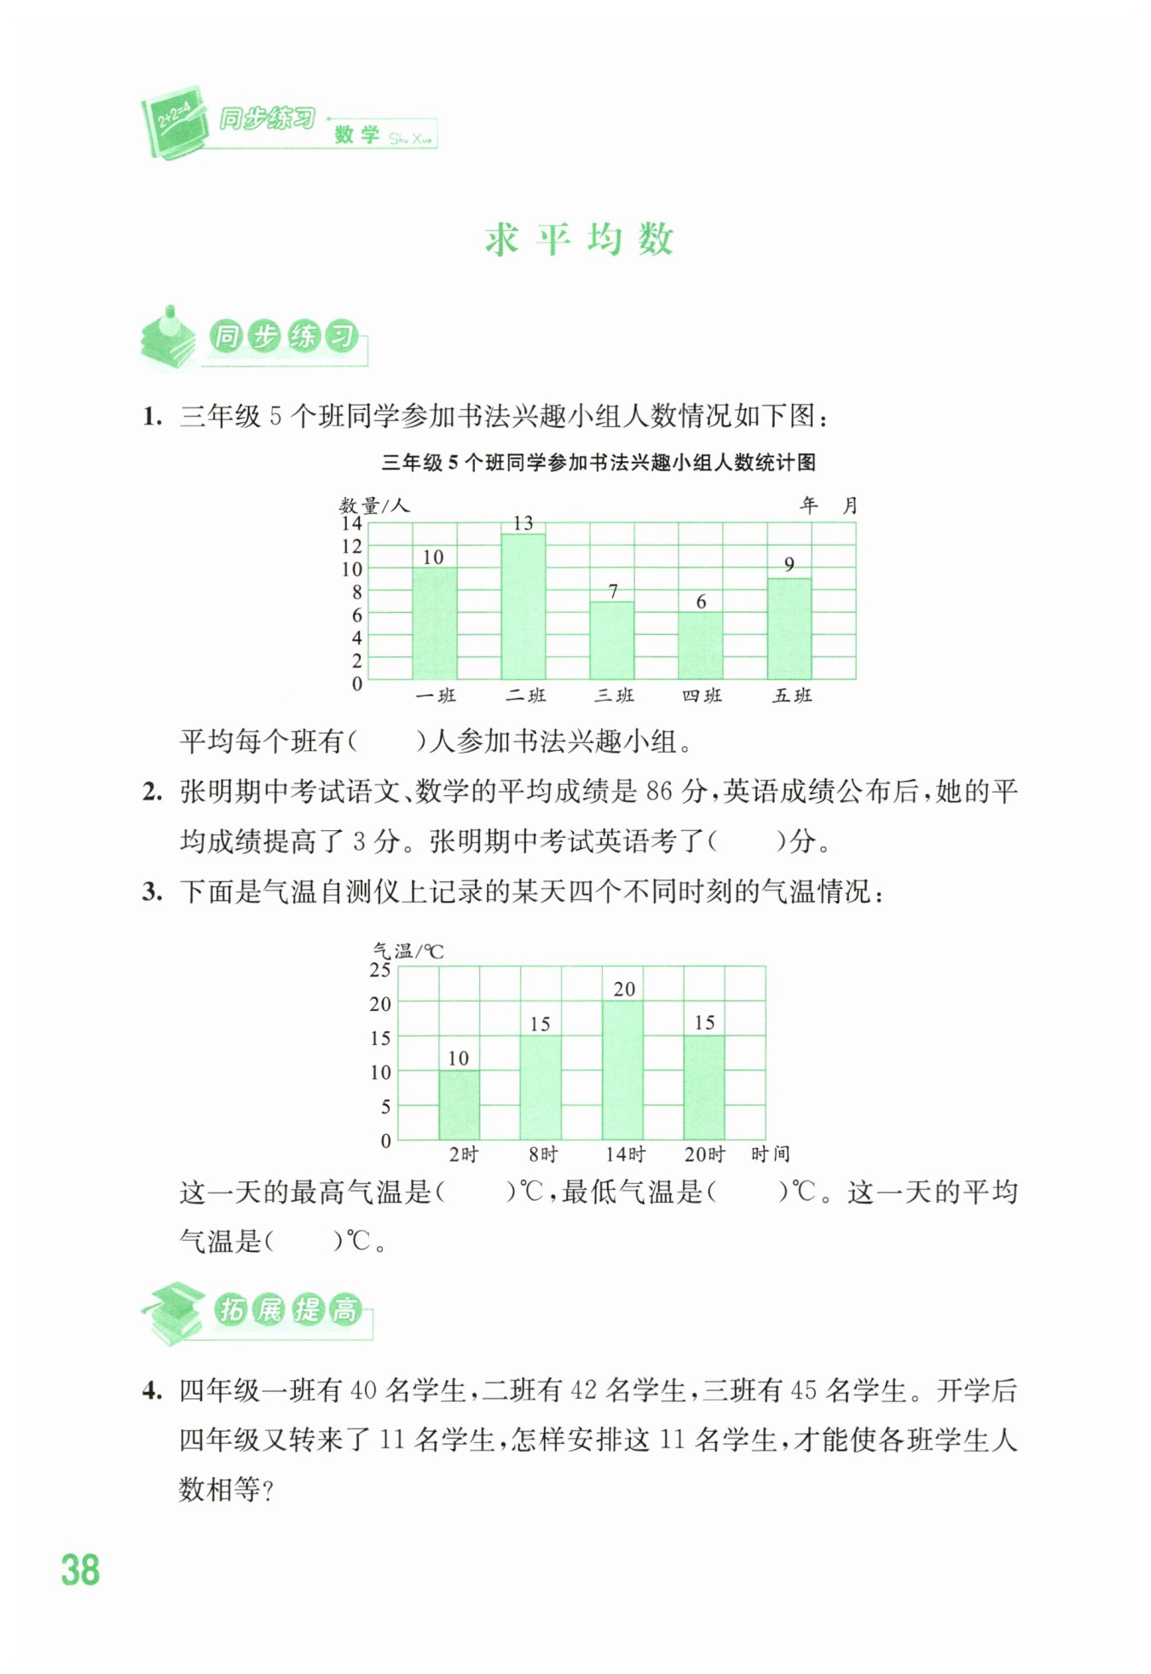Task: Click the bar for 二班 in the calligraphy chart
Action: [x=523, y=606]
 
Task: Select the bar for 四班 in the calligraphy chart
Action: [x=700, y=645]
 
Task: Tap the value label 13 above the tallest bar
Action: [x=523, y=522]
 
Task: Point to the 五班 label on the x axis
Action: [x=792, y=696]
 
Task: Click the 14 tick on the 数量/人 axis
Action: [x=351, y=523]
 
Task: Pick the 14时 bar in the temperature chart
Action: [x=623, y=1070]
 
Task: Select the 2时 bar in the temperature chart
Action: [x=459, y=1105]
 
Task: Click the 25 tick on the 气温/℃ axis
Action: [x=380, y=970]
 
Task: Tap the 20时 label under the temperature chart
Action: [x=704, y=1154]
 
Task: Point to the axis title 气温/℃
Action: [x=408, y=950]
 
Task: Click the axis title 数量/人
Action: [x=374, y=505]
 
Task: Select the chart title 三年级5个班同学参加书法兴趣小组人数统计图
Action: [x=599, y=463]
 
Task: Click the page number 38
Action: [x=80, y=1570]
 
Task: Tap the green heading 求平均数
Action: [x=579, y=240]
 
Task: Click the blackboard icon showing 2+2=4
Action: [x=176, y=121]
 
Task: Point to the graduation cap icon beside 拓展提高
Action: [x=173, y=1311]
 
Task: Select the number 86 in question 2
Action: [x=659, y=792]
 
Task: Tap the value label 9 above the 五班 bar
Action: [x=790, y=564]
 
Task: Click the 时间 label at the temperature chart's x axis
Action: [x=770, y=1154]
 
